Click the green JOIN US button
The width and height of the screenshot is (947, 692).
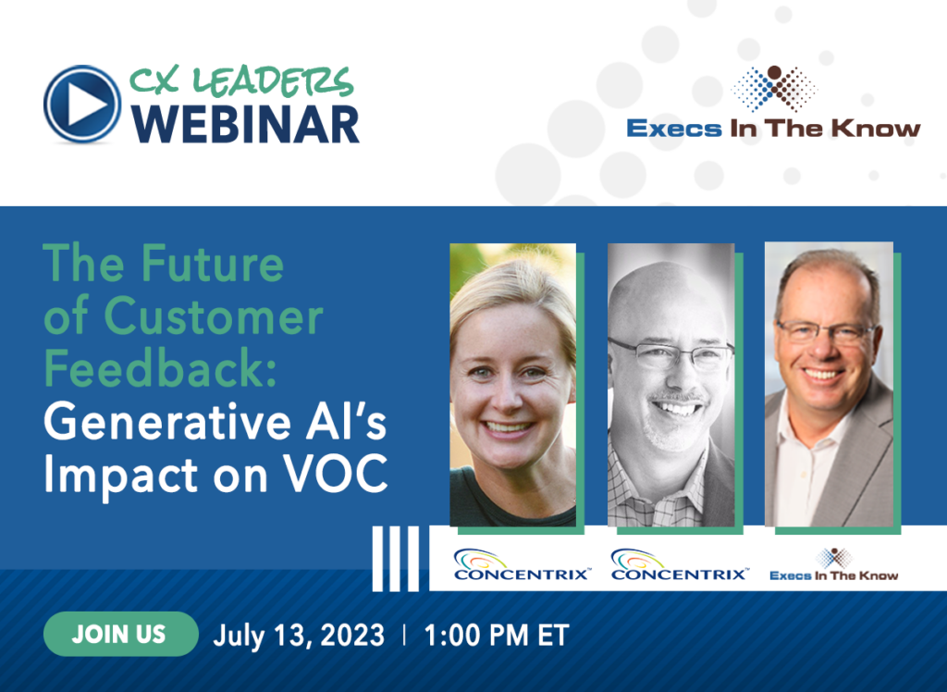click(x=121, y=634)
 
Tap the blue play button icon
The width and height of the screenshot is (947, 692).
click(x=82, y=104)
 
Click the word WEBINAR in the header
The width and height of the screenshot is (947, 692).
click(x=245, y=125)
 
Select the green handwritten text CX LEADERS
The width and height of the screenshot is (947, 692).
click(x=241, y=81)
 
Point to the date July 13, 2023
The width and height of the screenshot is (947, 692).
click(x=299, y=636)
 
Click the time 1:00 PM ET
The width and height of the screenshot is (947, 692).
click(x=497, y=636)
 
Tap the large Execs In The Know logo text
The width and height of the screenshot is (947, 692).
click(x=774, y=128)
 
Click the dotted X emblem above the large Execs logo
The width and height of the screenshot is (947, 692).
click(x=774, y=89)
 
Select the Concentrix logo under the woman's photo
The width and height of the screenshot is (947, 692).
click(x=522, y=565)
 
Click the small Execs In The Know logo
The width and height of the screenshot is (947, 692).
click(x=834, y=565)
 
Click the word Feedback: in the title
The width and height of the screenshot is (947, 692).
click(x=160, y=368)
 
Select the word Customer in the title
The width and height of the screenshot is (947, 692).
click(x=214, y=316)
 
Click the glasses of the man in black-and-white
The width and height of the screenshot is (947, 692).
click(x=671, y=354)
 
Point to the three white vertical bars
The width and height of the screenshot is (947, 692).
click(x=396, y=559)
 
